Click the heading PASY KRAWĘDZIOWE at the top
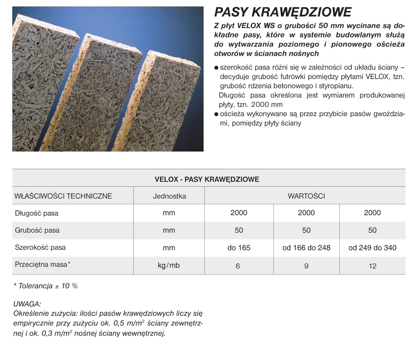[x=283, y=12]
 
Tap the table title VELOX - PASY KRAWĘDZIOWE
[x=207, y=179]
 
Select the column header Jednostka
[x=169, y=196]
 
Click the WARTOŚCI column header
[x=306, y=196]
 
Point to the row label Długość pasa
[x=37, y=213]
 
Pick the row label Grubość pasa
[x=37, y=230]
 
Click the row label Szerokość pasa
[x=40, y=248]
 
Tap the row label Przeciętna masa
[x=42, y=265]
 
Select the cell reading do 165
[x=239, y=248]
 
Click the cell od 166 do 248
[x=306, y=248]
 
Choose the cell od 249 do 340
[x=372, y=248]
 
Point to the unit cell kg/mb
[x=169, y=265]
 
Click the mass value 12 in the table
[x=373, y=266]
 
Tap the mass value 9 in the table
[x=306, y=266]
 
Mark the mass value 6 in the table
[x=238, y=266]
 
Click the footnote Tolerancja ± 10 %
[x=46, y=286]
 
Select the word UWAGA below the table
[x=27, y=304]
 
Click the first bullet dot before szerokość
[x=216, y=68]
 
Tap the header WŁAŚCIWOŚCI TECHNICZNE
[x=63, y=196]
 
